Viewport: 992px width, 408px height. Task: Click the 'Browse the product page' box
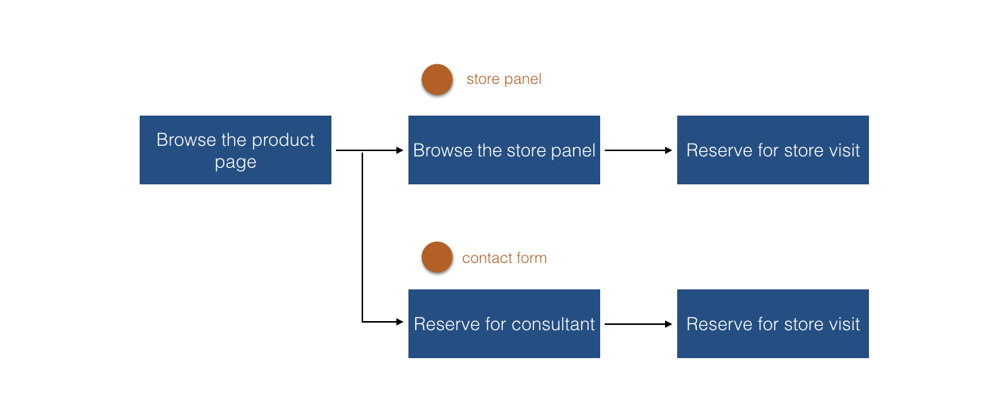pyautogui.click(x=235, y=150)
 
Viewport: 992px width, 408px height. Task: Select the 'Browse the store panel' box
pyautogui.click(x=504, y=150)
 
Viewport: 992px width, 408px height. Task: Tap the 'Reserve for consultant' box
pyautogui.click(x=504, y=323)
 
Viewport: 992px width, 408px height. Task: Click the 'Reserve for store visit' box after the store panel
pyautogui.click(x=773, y=150)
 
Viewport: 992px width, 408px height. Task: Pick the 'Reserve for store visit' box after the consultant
pyautogui.click(x=773, y=323)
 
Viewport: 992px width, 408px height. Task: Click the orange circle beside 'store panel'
pyautogui.click(x=437, y=79)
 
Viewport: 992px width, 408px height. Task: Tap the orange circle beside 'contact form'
pyautogui.click(x=437, y=257)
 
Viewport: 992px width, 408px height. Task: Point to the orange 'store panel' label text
pyautogui.click(x=504, y=79)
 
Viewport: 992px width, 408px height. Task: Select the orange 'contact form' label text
pyautogui.click(x=504, y=258)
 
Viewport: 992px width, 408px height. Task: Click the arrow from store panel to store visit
pyautogui.click(x=638, y=150)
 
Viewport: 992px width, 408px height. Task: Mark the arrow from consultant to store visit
pyautogui.click(x=638, y=324)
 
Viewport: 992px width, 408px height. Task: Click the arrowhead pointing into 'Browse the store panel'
pyautogui.click(x=400, y=150)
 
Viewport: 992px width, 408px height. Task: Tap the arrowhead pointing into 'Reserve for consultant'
pyautogui.click(x=400, y=322)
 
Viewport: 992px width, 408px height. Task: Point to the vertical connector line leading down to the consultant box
pyautogui.click(x=362, y=237)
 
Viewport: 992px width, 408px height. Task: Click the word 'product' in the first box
pyautogui.click(x=283, y=141)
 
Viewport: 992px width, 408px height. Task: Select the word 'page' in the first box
pyautogui.click(x=236, y=163)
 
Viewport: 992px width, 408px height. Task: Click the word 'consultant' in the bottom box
pyautogui.click(x=553, y=324)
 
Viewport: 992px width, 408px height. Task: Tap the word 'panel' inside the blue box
pyautogui.click(x=573, y=151)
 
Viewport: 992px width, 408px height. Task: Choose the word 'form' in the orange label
pyautogui.click(x=532, y=258)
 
